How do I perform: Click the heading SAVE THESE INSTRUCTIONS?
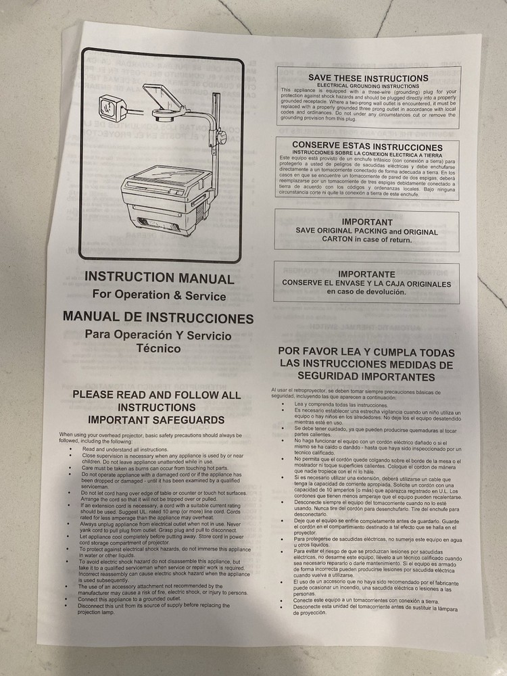(x=368, y=78)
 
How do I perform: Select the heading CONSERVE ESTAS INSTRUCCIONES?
(x=367, y=146)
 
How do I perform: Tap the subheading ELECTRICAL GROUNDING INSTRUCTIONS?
(x=368, y=86)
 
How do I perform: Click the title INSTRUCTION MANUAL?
(x=160, y=278)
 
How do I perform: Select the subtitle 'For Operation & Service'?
(x=160, y=295)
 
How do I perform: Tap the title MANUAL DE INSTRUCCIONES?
(x=158, y=318)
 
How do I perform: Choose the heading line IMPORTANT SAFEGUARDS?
(x=157, y=420)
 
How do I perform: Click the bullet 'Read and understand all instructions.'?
(x=125, y=449)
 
